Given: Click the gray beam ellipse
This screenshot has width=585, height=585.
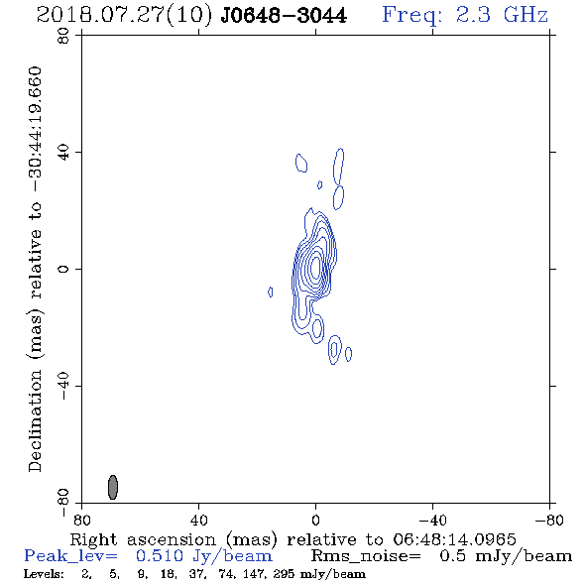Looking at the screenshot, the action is pos(113,487).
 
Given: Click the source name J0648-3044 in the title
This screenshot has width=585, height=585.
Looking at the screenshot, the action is pos(284,15).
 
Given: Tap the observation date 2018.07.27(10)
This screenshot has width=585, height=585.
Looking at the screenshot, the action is pos(125,15).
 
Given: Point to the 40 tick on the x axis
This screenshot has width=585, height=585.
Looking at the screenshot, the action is pos(198,520).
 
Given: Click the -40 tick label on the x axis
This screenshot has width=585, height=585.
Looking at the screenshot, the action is pos(432,520).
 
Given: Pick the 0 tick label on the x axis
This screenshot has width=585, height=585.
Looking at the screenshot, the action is pos(315,520).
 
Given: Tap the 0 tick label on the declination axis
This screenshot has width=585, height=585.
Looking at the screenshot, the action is pos(63,269).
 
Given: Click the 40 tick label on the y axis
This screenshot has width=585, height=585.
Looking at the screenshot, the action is pos(63,153).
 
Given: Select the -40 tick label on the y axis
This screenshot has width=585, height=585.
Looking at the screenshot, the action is pos(63,386).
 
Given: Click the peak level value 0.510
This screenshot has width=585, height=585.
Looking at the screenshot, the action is pos(160,556).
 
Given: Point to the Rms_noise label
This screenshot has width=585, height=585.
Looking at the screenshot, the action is pos(366,556).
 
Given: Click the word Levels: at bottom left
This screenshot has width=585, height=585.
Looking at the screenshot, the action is pos(44,573).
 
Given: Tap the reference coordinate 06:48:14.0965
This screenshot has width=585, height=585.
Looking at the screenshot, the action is pos(454,539).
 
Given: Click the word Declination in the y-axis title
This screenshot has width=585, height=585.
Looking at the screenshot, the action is pos(35,420).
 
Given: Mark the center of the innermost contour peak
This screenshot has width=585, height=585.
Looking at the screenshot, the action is pos(316,267).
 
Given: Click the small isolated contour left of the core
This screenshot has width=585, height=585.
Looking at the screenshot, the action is pos(271,292).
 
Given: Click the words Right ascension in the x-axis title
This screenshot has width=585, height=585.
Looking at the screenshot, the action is pos(143,539).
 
